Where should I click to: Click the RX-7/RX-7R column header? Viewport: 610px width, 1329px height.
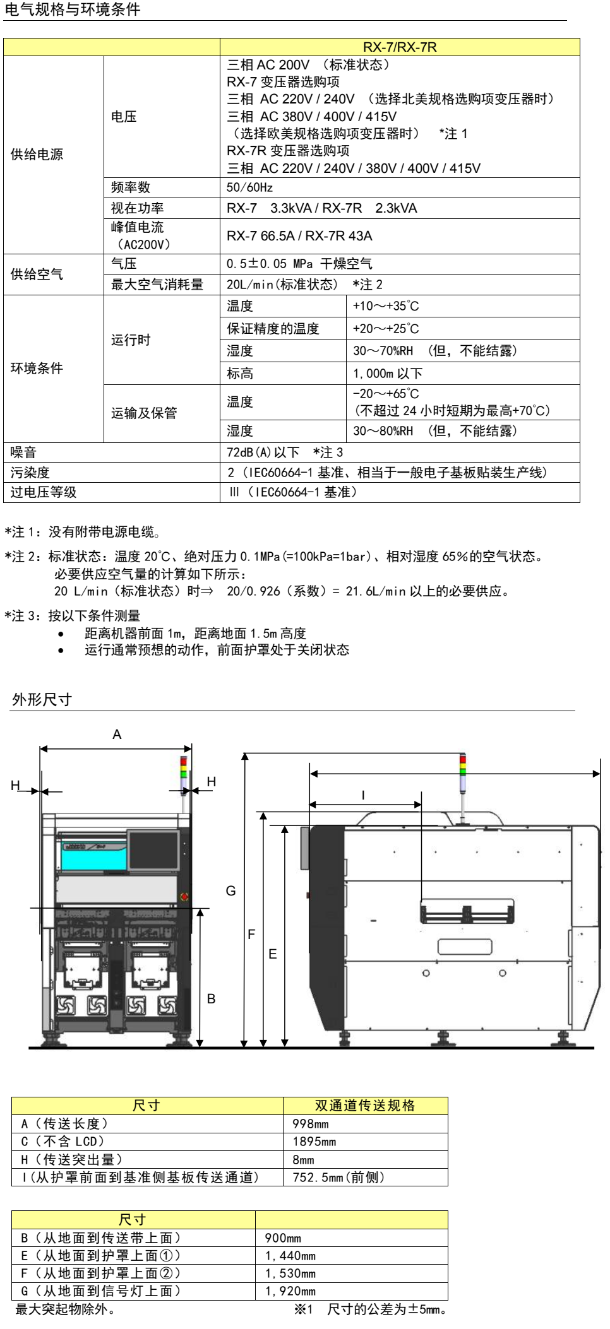pos(399,47)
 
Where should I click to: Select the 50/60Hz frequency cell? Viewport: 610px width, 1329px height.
pos(250,187)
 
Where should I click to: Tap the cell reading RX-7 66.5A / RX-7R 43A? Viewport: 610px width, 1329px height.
pos(299,236)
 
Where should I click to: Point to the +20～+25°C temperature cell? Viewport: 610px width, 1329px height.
pos(386,329)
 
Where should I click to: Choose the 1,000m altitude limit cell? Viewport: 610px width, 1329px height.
pos(388,374)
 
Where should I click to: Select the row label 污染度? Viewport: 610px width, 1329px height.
pos(30,473)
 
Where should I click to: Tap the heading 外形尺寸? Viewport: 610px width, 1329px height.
pos(42,699)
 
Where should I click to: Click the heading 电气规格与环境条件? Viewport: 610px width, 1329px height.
pos(73,9)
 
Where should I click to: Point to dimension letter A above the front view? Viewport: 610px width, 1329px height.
pos(117,735)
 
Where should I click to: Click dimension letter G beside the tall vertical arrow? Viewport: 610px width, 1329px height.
pos(230,891)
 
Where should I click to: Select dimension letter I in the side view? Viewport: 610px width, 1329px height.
pos(363,795)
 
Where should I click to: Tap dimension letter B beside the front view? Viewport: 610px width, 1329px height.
pos(211,999)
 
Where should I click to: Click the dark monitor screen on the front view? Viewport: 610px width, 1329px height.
pos(153,849)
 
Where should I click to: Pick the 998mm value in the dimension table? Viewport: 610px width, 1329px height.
pos(311,1124)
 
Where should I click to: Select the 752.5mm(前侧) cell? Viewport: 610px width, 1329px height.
pos(338,1177)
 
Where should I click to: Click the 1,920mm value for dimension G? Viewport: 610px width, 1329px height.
pos(290,1291)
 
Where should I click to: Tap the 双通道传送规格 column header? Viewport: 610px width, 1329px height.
pos(365,1106)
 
